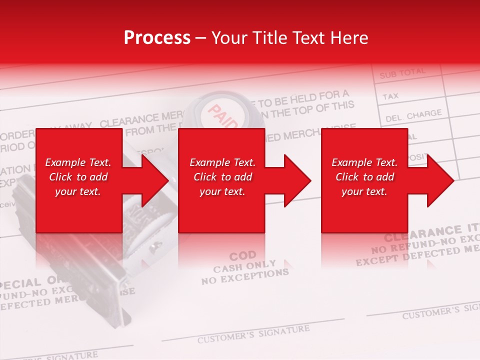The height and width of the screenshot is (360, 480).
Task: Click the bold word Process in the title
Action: tap(157, 38)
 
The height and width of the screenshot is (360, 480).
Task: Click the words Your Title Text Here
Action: tap(289, 38)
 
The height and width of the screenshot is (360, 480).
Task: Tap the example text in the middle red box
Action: tap(222, 177)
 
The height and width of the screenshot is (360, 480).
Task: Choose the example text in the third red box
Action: tap(364, 177)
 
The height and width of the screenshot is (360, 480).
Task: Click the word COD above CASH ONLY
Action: tap(242, 255)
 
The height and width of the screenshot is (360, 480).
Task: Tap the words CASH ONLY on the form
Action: tap(244, 265)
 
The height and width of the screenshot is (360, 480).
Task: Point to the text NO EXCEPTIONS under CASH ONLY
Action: tap(245, 276)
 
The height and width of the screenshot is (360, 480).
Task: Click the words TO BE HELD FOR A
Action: tap(304, 98)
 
